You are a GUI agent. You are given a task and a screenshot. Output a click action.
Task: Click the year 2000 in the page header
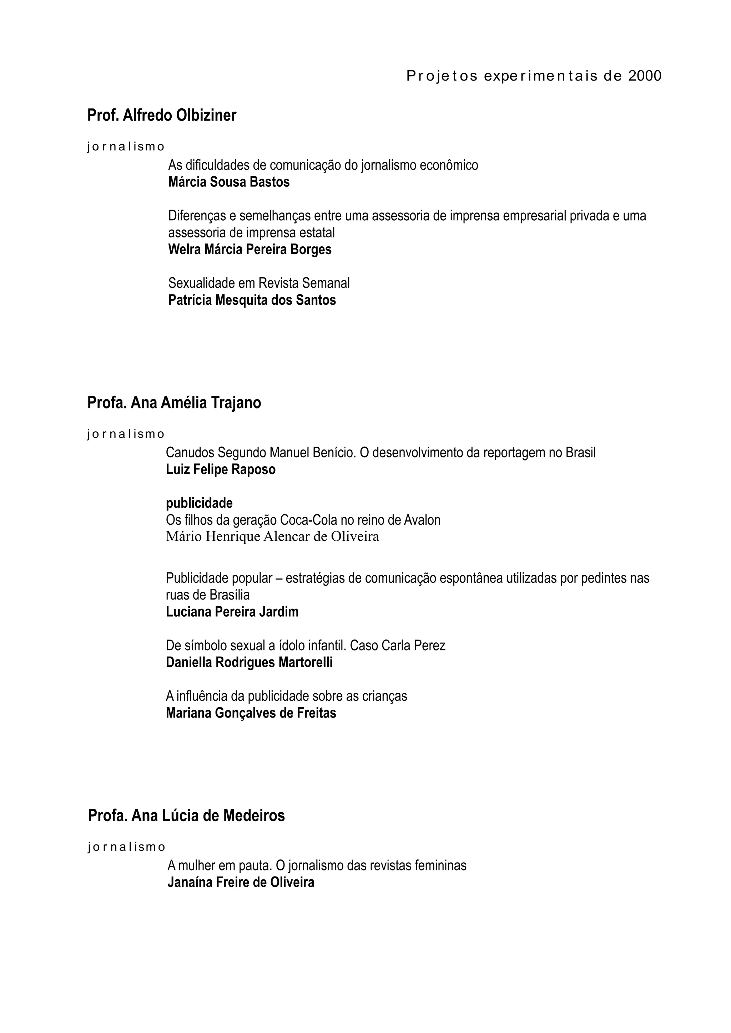(x=645, y=76)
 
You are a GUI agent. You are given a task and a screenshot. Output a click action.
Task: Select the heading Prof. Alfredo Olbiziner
(x=162, y=115)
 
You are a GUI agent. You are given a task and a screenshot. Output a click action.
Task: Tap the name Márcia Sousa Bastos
(x=229, y=182)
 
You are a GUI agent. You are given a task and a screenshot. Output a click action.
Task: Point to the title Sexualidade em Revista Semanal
(x=259, y=283)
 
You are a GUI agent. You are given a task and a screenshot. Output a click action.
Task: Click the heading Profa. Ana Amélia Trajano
(x=174, y=403)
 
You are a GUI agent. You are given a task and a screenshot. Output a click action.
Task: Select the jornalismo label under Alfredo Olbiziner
(x=126, y=147)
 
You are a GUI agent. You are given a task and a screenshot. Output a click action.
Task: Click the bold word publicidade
(x=199, y=503)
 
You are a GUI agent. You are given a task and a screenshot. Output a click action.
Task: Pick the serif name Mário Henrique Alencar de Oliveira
(x=272, y=537)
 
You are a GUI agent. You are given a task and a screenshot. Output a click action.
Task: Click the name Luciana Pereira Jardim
(x=232, y=612)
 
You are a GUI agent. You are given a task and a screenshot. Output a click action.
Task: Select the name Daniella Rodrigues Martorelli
(x=249, y=662)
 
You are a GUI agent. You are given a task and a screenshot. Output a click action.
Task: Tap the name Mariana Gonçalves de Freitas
(x=251, y=713)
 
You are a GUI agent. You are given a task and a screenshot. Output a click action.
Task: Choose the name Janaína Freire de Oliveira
(x=241, y=882)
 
